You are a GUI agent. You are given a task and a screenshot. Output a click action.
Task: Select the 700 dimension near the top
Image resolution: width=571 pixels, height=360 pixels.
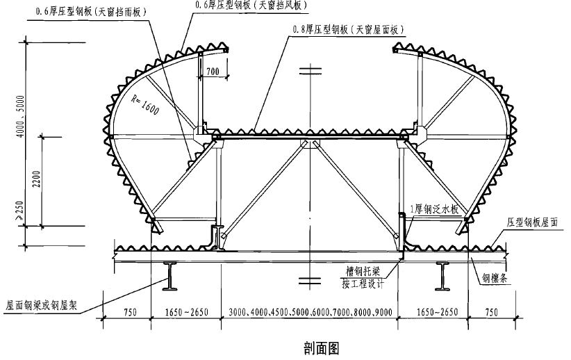(212, 71)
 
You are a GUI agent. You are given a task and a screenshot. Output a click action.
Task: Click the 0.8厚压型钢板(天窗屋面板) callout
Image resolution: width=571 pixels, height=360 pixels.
(347, 29)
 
